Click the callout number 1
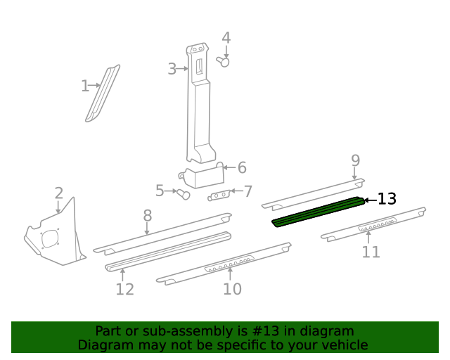(x=85, y=86)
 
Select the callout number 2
(x=59, y=193)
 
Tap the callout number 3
(x=172, y=69)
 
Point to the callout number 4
(x=226, y=38)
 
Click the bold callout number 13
(x=387, y=199)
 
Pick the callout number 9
(x=355, y=160)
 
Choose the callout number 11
(x=371, y=252)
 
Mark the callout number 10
(x=232, y=288)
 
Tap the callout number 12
(x=124, y=289)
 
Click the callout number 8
(x=147, y=215)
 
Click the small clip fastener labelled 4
(x=225, y=62)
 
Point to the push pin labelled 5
(x=184, y=194)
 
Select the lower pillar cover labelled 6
(x=204, y=174)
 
